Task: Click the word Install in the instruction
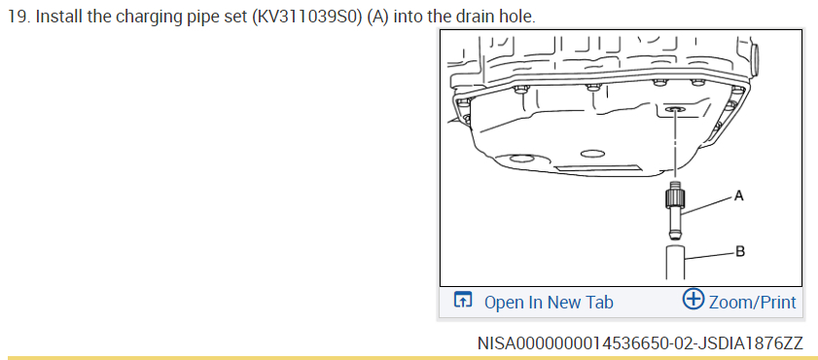(55, 18)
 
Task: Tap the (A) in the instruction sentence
(377, 18)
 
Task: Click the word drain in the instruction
(477, 18)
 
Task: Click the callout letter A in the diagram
(738, 197)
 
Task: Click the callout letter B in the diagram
(740, 251)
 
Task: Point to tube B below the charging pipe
(675, 262)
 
